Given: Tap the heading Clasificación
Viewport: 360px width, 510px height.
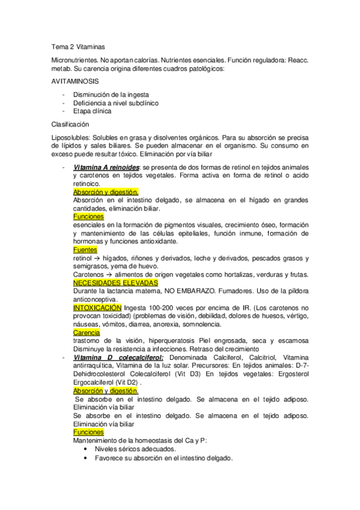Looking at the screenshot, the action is click(71, 124).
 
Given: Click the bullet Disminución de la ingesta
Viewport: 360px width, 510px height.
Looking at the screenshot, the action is click(111, 95).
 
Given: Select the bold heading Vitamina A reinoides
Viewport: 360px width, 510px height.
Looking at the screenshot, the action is click(106, 167).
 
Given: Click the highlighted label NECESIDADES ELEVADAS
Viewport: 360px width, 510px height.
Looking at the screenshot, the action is click(115, 283).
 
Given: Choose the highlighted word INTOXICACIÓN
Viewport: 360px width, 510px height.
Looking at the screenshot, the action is click(97, 307).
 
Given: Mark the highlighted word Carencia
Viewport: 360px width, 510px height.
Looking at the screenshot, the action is click(87, 333).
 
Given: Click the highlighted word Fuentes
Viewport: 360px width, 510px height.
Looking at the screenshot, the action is click(85, 250).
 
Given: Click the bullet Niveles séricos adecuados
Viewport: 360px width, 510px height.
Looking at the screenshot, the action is click(135, 449).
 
